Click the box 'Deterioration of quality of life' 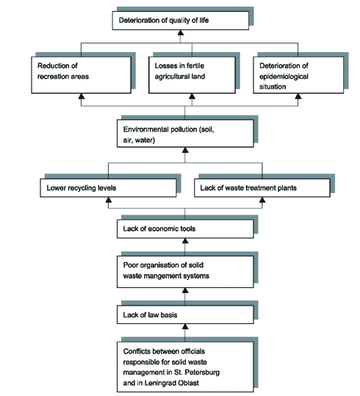[x=181, y=21]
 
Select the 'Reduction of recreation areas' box [x=81, y=75]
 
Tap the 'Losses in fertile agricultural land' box [x=192, y=75]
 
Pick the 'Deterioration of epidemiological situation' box [x=298, y=75]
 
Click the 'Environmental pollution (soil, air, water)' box [x=185, y=134]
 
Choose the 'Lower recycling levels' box [x=108, y=188]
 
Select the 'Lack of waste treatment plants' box [x=262, y=188]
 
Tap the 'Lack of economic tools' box [x=185, y=228]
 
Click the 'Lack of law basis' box [x=185, y=314]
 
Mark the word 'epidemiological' [x=284, y=76]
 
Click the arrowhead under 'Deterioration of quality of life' [x=181, y=32]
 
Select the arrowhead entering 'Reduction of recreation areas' [x=81, y=96]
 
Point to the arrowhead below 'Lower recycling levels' [x=109, y=200]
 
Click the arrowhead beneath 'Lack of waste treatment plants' [x=262, y=200]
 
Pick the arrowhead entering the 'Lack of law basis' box [x=185, y=326]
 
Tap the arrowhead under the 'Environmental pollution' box [x=185, y=150]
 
